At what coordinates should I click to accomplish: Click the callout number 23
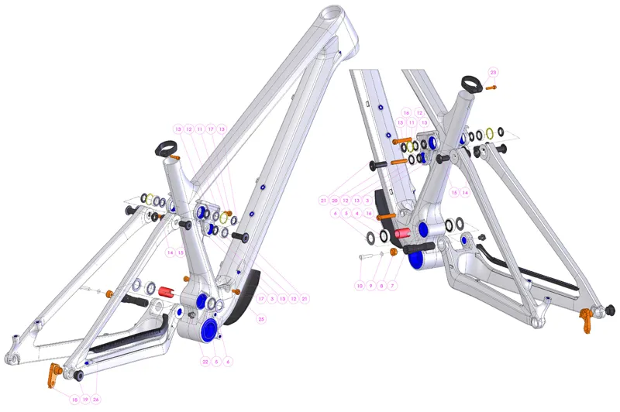pos(493,72)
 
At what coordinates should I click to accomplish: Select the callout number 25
pos(261,318)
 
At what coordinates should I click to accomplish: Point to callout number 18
pos(74,400)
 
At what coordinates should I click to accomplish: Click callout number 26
pos(96,400)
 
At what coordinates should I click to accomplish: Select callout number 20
pos(334,200)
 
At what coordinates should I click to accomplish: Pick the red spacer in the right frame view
pos(401,234)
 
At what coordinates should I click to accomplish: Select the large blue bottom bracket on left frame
pos(208,331)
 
